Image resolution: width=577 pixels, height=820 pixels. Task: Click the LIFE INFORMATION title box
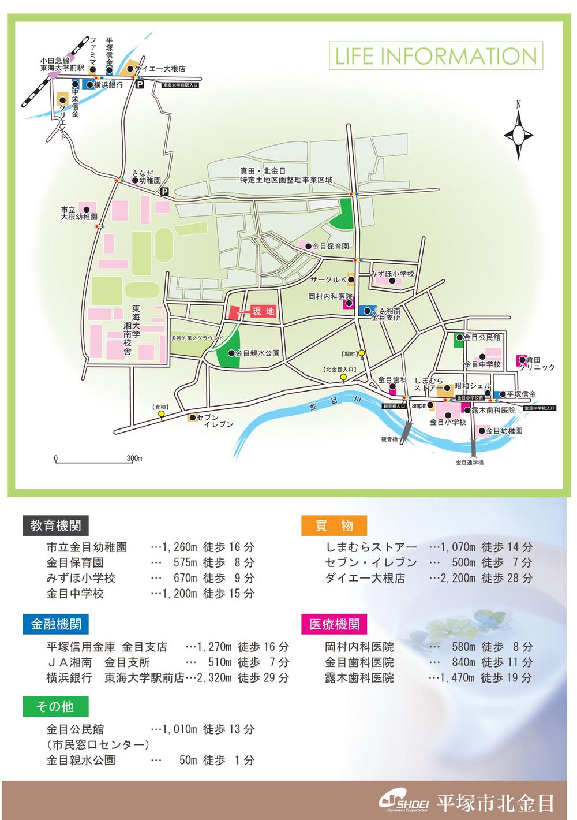[x=435, y=56]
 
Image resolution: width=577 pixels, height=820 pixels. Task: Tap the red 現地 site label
[x=263, y=311]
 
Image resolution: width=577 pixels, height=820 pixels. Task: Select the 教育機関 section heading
[x=55, y=525]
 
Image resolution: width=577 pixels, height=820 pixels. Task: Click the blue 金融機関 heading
[x=55, y=624]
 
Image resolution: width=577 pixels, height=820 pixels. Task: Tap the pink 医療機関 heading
[x=335, y=624]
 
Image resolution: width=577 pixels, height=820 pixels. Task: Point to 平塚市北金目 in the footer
[x=496, y=803]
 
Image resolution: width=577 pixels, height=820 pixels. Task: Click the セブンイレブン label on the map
[x=215, y=420]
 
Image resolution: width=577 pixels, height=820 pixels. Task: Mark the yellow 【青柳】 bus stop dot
[x=161, y=415]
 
